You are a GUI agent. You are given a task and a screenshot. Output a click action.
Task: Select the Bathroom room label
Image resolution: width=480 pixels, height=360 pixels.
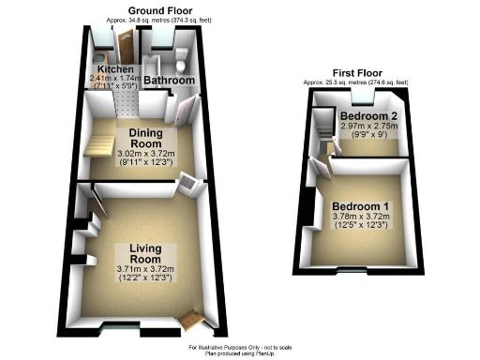170,82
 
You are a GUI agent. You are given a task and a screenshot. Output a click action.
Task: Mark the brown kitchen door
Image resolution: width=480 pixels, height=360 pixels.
125,47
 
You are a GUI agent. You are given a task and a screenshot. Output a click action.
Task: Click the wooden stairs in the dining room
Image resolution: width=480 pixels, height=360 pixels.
97,144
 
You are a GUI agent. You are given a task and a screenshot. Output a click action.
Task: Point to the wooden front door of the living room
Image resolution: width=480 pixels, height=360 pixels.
194,319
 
